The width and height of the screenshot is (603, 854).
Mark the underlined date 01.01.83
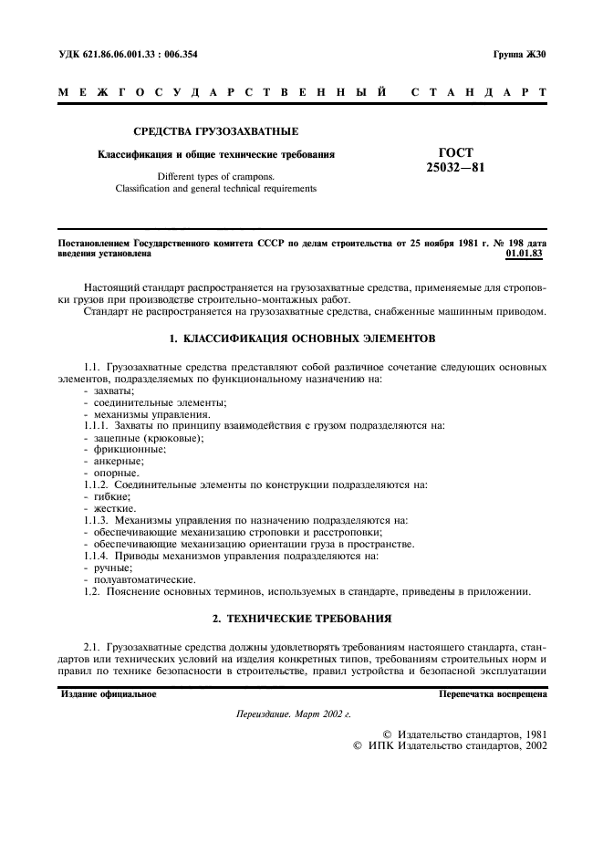(x=524, y=253)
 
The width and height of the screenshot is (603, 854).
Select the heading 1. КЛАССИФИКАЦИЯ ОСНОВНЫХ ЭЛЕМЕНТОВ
(x=302, y=338)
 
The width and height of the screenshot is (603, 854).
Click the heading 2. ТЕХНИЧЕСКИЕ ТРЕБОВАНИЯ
(x=302, y=619)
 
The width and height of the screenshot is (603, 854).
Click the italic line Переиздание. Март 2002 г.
(x=293, y=715)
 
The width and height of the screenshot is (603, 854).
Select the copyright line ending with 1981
(x=464, y=733)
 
